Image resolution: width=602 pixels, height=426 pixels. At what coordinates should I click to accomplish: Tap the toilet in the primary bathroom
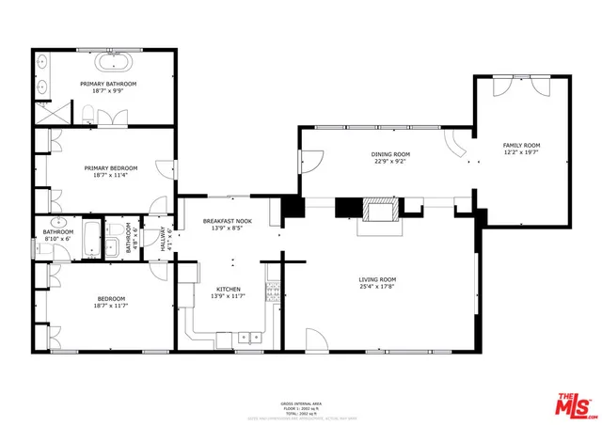[x=87, y=115]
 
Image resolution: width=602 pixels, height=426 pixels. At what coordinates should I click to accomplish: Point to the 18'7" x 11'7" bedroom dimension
[x=111, y=306]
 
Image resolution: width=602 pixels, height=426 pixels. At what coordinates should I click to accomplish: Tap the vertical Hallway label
[x=165, y=240]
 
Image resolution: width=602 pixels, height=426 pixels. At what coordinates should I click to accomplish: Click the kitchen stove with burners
[x=274, y=292]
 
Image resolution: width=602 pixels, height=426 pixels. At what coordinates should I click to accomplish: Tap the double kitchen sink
[x=249, y=336]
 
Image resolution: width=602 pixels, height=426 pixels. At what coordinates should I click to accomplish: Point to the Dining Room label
[x=389, y=154]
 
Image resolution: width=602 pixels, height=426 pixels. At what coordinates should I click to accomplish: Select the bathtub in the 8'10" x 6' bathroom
[x=90, y=240]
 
